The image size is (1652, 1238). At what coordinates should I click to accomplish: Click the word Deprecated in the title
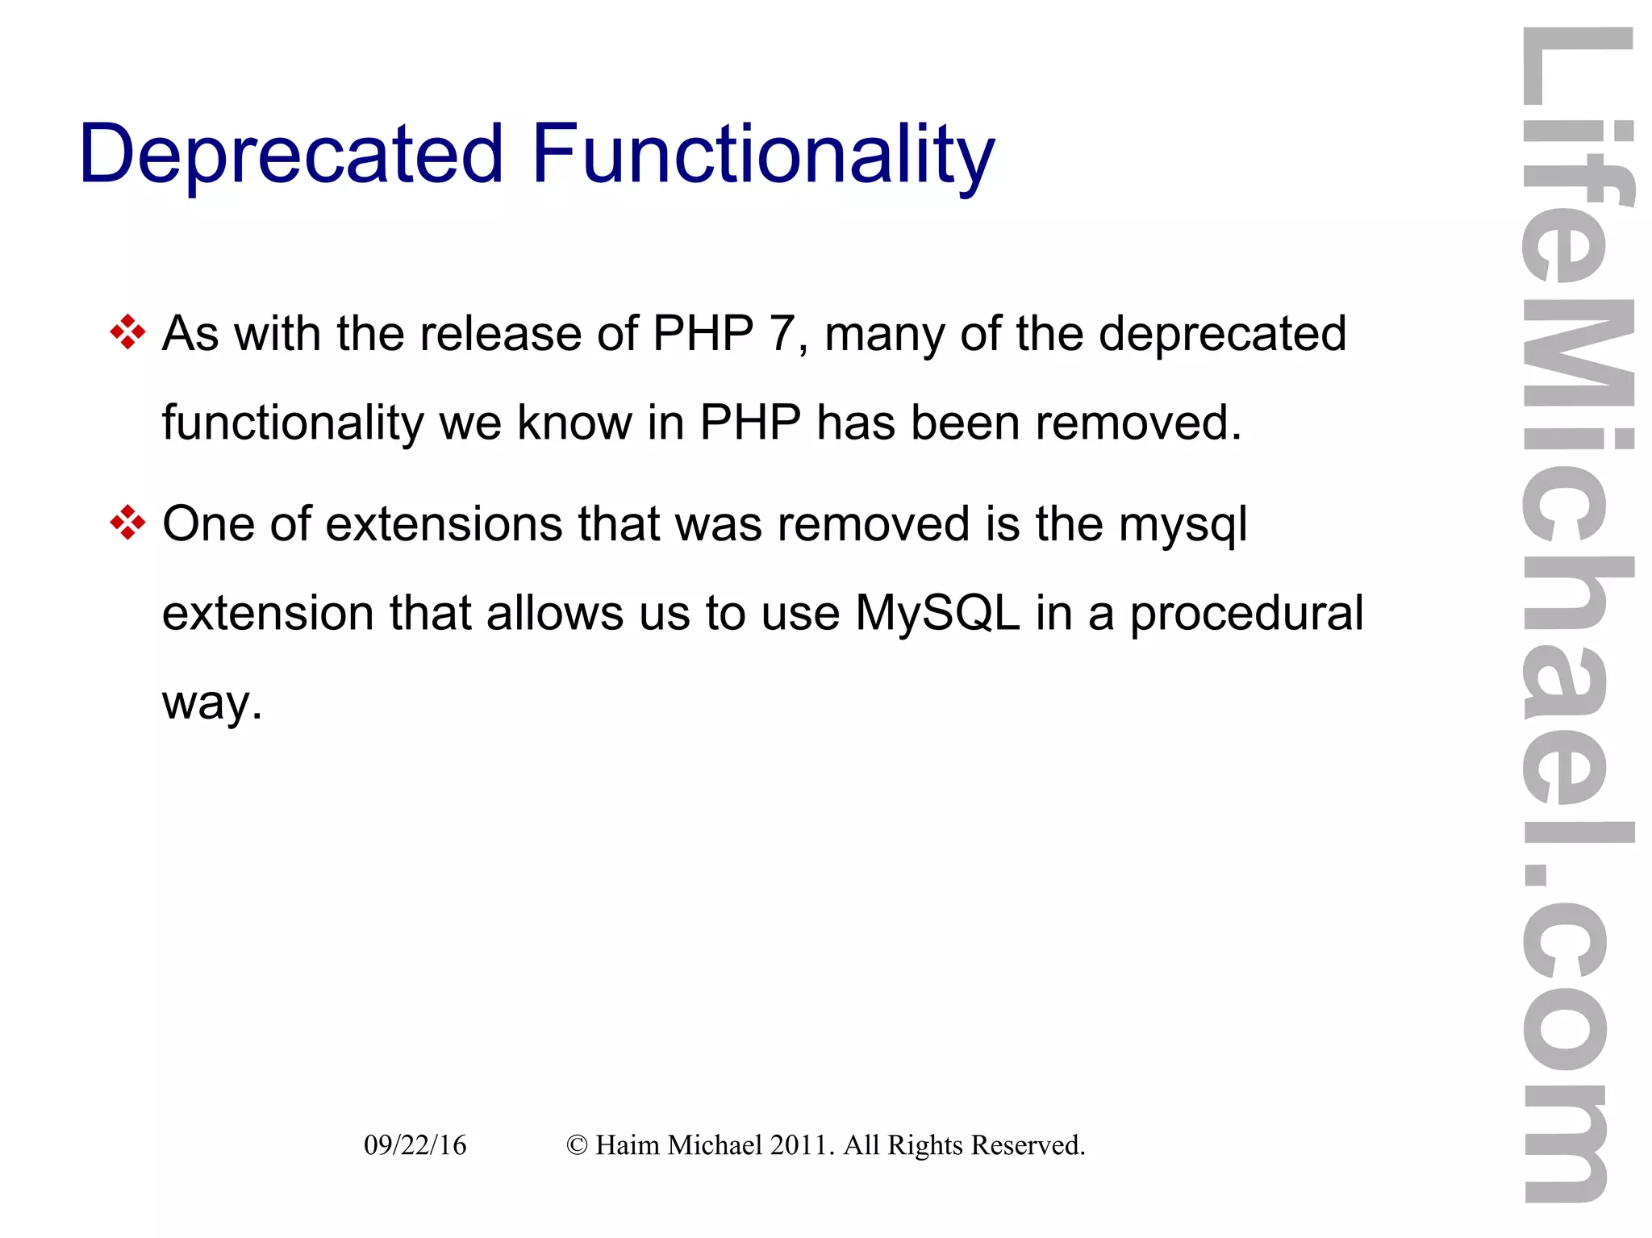coord(291,155)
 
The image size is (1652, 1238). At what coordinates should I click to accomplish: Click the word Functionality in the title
coord(763,155)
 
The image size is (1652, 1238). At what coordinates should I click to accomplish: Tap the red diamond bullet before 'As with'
coord(127,331)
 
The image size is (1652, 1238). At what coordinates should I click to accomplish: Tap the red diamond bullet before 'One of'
coord(127,523)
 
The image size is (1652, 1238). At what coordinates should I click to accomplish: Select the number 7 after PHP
coord(782,333)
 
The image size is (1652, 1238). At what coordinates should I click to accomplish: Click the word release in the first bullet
coord(500,333)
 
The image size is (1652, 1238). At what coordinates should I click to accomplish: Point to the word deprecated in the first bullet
coord(1222,333)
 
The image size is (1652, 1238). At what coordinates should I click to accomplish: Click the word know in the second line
coord(574,422)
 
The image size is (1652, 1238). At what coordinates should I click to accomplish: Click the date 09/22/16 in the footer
coord(415,1145)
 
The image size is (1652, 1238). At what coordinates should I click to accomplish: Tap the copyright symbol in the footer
coord(577,1145)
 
